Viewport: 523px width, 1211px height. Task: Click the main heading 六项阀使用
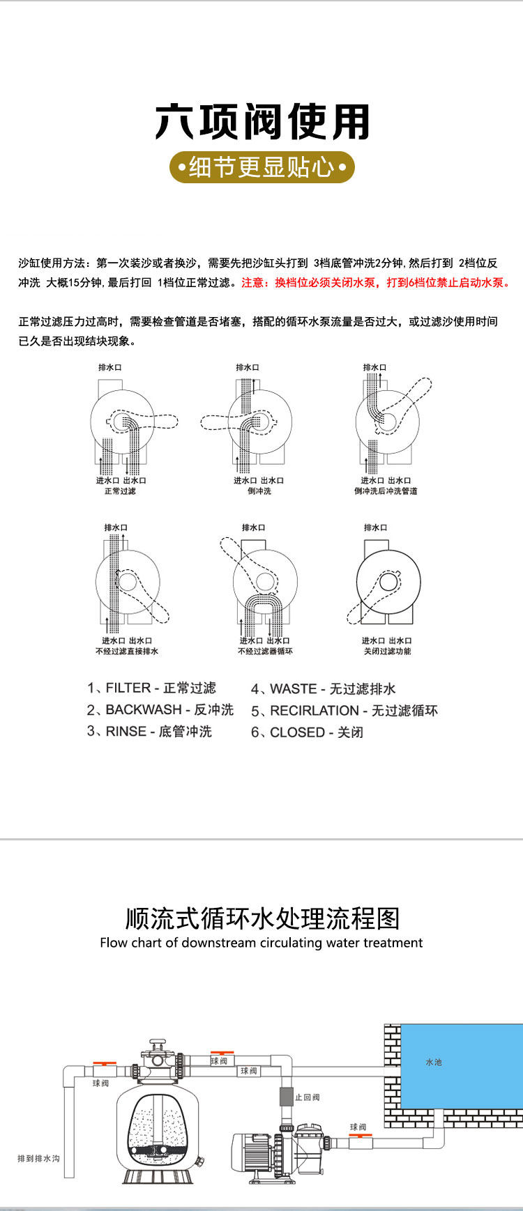[261, 123]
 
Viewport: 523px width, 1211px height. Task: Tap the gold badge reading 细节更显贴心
[261, 167]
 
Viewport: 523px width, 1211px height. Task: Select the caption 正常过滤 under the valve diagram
[120, 491]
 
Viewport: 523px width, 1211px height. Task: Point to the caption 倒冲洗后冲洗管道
[386, 491]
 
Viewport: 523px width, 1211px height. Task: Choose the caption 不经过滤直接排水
[127, 651]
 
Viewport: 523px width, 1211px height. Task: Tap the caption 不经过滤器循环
[265, 651]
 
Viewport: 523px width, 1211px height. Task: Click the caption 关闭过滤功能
[387, 651]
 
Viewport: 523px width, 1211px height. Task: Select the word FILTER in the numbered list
[128, 688]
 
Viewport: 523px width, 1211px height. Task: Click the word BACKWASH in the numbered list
[144, 710]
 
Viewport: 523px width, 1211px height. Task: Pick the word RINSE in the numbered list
[126, 732]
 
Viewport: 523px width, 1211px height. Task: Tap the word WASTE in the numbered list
[294, 689]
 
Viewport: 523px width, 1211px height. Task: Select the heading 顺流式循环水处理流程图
[262, 918]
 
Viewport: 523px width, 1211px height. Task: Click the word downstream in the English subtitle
[219, 943]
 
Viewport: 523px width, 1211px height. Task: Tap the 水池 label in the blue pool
[434, 1062]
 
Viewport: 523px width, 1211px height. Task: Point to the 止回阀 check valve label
[307, 1097]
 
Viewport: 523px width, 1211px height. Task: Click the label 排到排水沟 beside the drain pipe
[38, 1159]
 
